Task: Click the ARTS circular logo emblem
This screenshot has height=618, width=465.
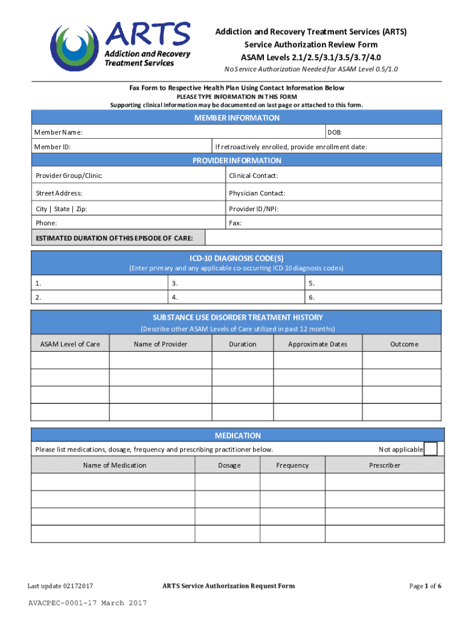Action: click(x=75, y=48)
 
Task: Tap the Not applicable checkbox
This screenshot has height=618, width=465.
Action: click(x=431, y=449)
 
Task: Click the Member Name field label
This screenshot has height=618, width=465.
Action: click(x=59, y=132)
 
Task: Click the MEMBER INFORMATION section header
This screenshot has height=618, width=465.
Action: click(x=237, y=118)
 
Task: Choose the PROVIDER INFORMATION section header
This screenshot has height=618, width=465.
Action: click(x=237, y=161)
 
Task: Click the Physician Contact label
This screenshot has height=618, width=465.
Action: click(x=257, y=193)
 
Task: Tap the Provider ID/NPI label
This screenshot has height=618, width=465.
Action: click(x=254, y=209)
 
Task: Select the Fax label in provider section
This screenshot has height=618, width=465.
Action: click(x=235, y=223)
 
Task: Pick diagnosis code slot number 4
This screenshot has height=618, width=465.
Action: click(x=175, y=297)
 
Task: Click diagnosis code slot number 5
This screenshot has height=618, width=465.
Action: click(x=312, y=282)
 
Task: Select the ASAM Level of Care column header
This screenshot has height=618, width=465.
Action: click(x=70, y=344)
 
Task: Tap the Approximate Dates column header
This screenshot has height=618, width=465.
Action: click(x=318, y=344)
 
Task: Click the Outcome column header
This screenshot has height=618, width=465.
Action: click(x=403, y=344)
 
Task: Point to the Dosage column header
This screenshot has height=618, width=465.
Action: click(x=229, y=465)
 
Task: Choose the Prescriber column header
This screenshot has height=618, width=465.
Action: click(x=385, y=465)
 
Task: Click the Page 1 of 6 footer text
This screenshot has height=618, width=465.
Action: click(x=425, y=586)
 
